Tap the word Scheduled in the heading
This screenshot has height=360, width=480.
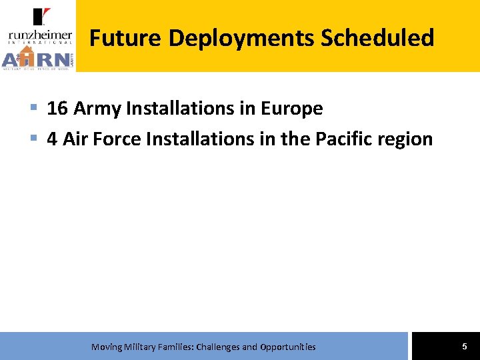click(x=377, y=38)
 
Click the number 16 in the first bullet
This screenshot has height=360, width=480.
click(x=57, y=109)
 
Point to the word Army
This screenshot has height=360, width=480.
click(x=97, y=109)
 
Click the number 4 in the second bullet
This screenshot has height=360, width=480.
click(x=52, y=139)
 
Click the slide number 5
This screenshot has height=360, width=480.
click(x=465, y=346)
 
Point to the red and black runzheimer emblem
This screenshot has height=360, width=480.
click(x=41, y=17)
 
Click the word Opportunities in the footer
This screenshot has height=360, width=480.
click(x=288, y=347)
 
